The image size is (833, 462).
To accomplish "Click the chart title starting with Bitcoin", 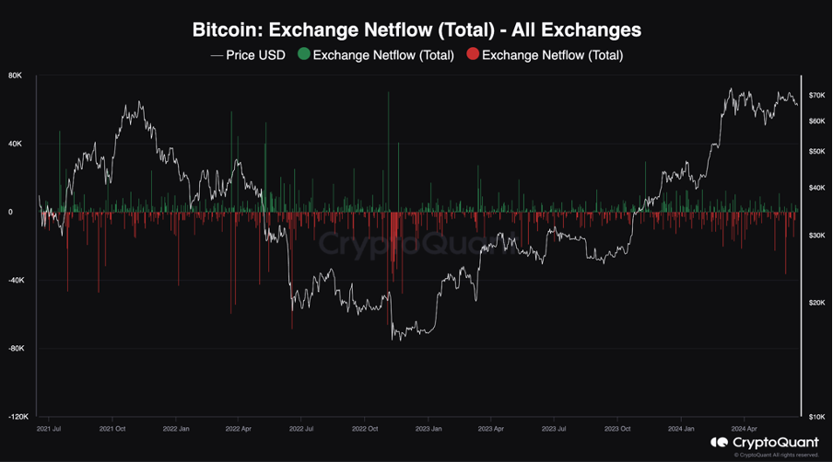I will (416, 29).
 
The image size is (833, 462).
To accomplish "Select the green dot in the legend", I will (303, 54).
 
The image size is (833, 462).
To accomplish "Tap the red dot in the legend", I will (472, 54).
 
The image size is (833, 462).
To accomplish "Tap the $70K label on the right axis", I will (815, 95).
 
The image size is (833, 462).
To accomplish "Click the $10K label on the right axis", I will (815, 417).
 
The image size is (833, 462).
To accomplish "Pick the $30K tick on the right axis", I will (815, 236).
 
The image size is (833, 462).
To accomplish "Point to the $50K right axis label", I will (815, 151).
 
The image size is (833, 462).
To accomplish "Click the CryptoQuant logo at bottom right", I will (764, 442).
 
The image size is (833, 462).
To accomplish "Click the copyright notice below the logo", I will (776, 455).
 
